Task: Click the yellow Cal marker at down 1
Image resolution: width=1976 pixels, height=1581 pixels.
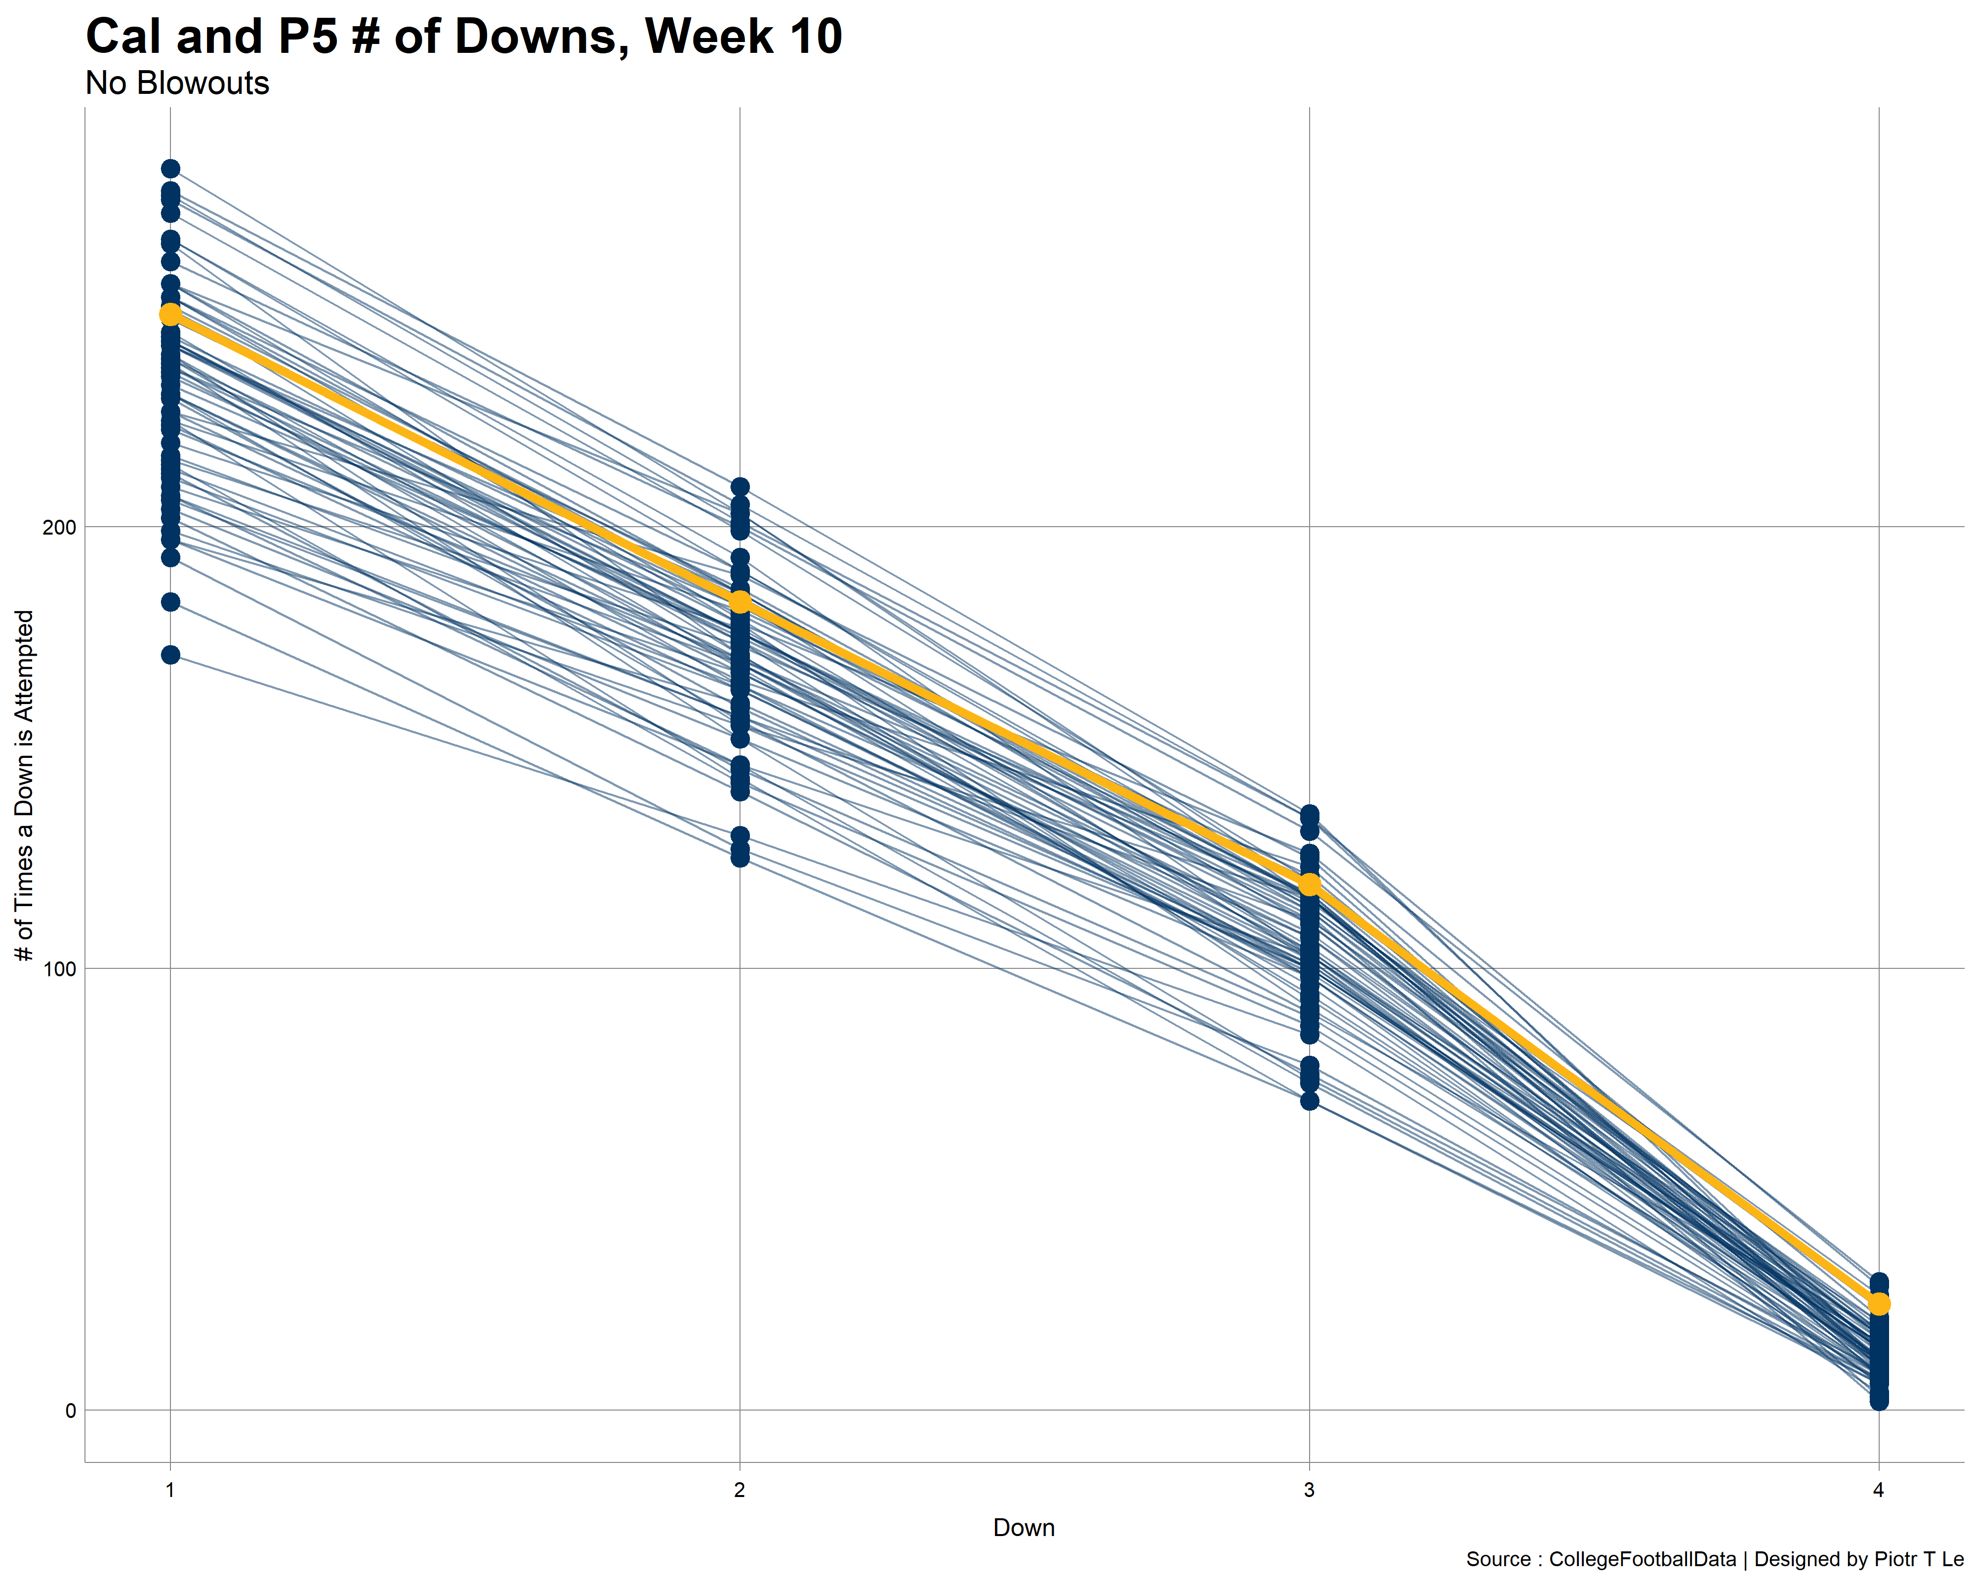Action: (x=170, y=314)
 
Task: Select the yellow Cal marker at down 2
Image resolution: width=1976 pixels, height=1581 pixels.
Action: (x=740, y=602)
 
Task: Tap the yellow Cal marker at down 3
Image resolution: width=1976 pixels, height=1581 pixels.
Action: (x=1310, y=884)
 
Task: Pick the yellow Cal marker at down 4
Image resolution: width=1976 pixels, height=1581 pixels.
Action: (x=1879, y=1303)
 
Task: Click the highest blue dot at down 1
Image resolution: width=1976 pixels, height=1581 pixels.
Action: (x=170, y=168)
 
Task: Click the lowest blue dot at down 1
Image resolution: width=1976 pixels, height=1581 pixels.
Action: (x=170, y=655)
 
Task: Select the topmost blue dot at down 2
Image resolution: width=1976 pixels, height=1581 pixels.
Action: (x=740, y=487)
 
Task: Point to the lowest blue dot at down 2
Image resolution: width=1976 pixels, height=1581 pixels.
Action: (x=740, y=858)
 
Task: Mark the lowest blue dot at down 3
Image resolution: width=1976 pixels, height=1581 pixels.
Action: (x=1310, y=1101)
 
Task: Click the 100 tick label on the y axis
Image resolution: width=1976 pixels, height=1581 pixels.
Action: (x=60, y=969)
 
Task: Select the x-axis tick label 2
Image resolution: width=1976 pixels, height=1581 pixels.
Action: (x=740, y=1490)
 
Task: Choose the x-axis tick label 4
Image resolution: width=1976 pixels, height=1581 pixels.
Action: (x=1879, y=1490)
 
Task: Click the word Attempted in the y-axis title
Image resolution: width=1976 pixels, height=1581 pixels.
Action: (x=25, y=678)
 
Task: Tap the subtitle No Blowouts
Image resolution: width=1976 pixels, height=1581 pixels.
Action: (x=177, y=83)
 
